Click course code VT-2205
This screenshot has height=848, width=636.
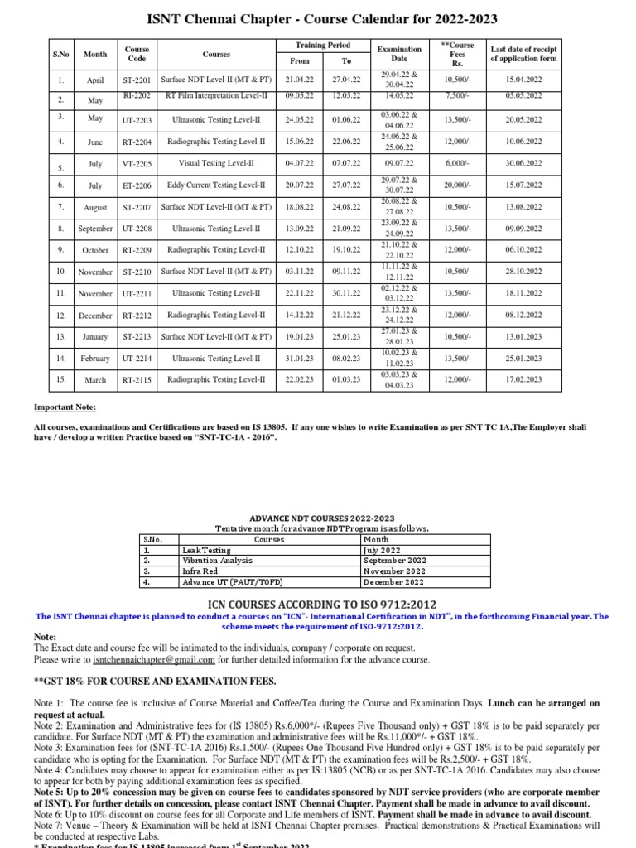click(137, 164)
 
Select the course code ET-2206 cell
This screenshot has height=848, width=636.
click(137, 185)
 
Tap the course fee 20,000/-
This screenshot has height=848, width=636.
click(457, 185)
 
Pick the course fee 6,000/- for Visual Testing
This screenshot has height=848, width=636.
click(457, 164)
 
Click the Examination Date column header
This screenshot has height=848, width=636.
click(399, 54)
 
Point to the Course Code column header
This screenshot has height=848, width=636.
click(137, 54)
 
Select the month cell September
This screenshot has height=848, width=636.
click(95, 229)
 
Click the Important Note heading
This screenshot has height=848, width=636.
click(65, 407)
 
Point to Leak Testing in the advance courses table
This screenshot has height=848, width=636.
click(207, 549)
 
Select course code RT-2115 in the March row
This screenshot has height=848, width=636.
click(137, 379)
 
